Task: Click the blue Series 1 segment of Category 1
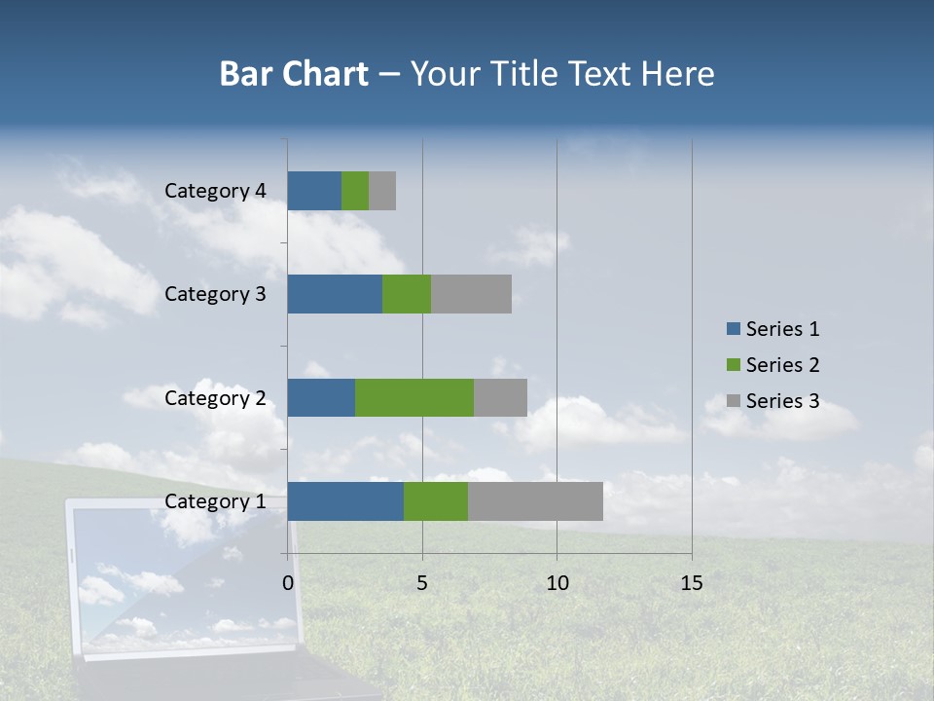click(345, 500)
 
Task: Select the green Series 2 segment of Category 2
click(414, 397)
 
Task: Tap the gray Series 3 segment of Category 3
click(471, 294)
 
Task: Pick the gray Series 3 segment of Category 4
click(382, 191)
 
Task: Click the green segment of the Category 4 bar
click(355, 191)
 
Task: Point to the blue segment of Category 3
click(335, 294)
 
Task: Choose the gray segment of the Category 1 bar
click(535, 500)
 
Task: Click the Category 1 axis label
click(215, 501)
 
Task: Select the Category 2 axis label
click(215, 397)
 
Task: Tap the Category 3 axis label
click(215, 294)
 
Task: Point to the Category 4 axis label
click(215, 191)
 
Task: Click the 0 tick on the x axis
click(288, 583)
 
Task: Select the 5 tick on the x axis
click(422, 583)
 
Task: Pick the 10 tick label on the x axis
click(557, 583)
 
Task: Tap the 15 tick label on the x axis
click(691, 583)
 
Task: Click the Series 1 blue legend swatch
click(734, 329)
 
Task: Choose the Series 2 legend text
click(782, 365)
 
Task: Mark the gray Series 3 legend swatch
click(734, 401)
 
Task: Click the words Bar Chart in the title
click(294, 74)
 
